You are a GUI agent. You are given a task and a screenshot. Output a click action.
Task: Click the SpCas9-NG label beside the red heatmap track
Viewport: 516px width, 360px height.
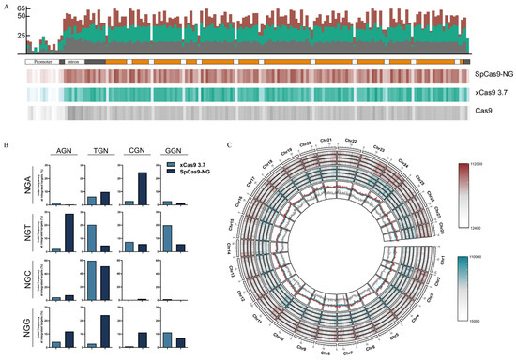(492, 74)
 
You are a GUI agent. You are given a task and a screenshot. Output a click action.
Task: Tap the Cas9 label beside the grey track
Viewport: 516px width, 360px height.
(485, 111)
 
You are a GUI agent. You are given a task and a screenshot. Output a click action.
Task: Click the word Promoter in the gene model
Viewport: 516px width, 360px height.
(40, 60)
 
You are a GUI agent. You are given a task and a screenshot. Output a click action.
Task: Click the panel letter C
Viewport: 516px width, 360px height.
(232, 146)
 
